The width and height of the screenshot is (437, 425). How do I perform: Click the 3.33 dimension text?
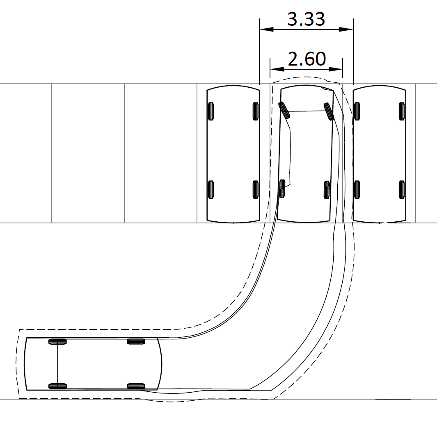306,19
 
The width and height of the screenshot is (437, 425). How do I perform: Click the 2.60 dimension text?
307,59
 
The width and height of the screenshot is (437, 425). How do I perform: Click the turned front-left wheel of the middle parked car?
284,110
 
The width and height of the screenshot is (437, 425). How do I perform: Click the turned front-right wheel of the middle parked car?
329,111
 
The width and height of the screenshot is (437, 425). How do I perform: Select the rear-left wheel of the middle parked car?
282,189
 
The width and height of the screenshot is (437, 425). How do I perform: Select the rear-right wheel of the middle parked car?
327,189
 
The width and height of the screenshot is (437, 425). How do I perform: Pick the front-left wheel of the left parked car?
211,111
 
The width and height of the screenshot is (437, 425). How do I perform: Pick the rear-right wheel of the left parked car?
255,189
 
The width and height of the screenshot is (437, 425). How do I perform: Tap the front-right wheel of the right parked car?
402,111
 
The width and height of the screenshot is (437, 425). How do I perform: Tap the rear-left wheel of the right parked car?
357,189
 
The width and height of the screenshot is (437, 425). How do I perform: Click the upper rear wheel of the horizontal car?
57,341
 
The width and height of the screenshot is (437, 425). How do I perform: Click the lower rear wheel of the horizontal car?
57,386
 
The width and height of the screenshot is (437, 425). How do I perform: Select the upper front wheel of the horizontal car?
136,341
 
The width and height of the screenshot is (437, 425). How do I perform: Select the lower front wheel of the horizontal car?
136,386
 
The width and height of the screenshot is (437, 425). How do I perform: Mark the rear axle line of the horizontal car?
57,364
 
